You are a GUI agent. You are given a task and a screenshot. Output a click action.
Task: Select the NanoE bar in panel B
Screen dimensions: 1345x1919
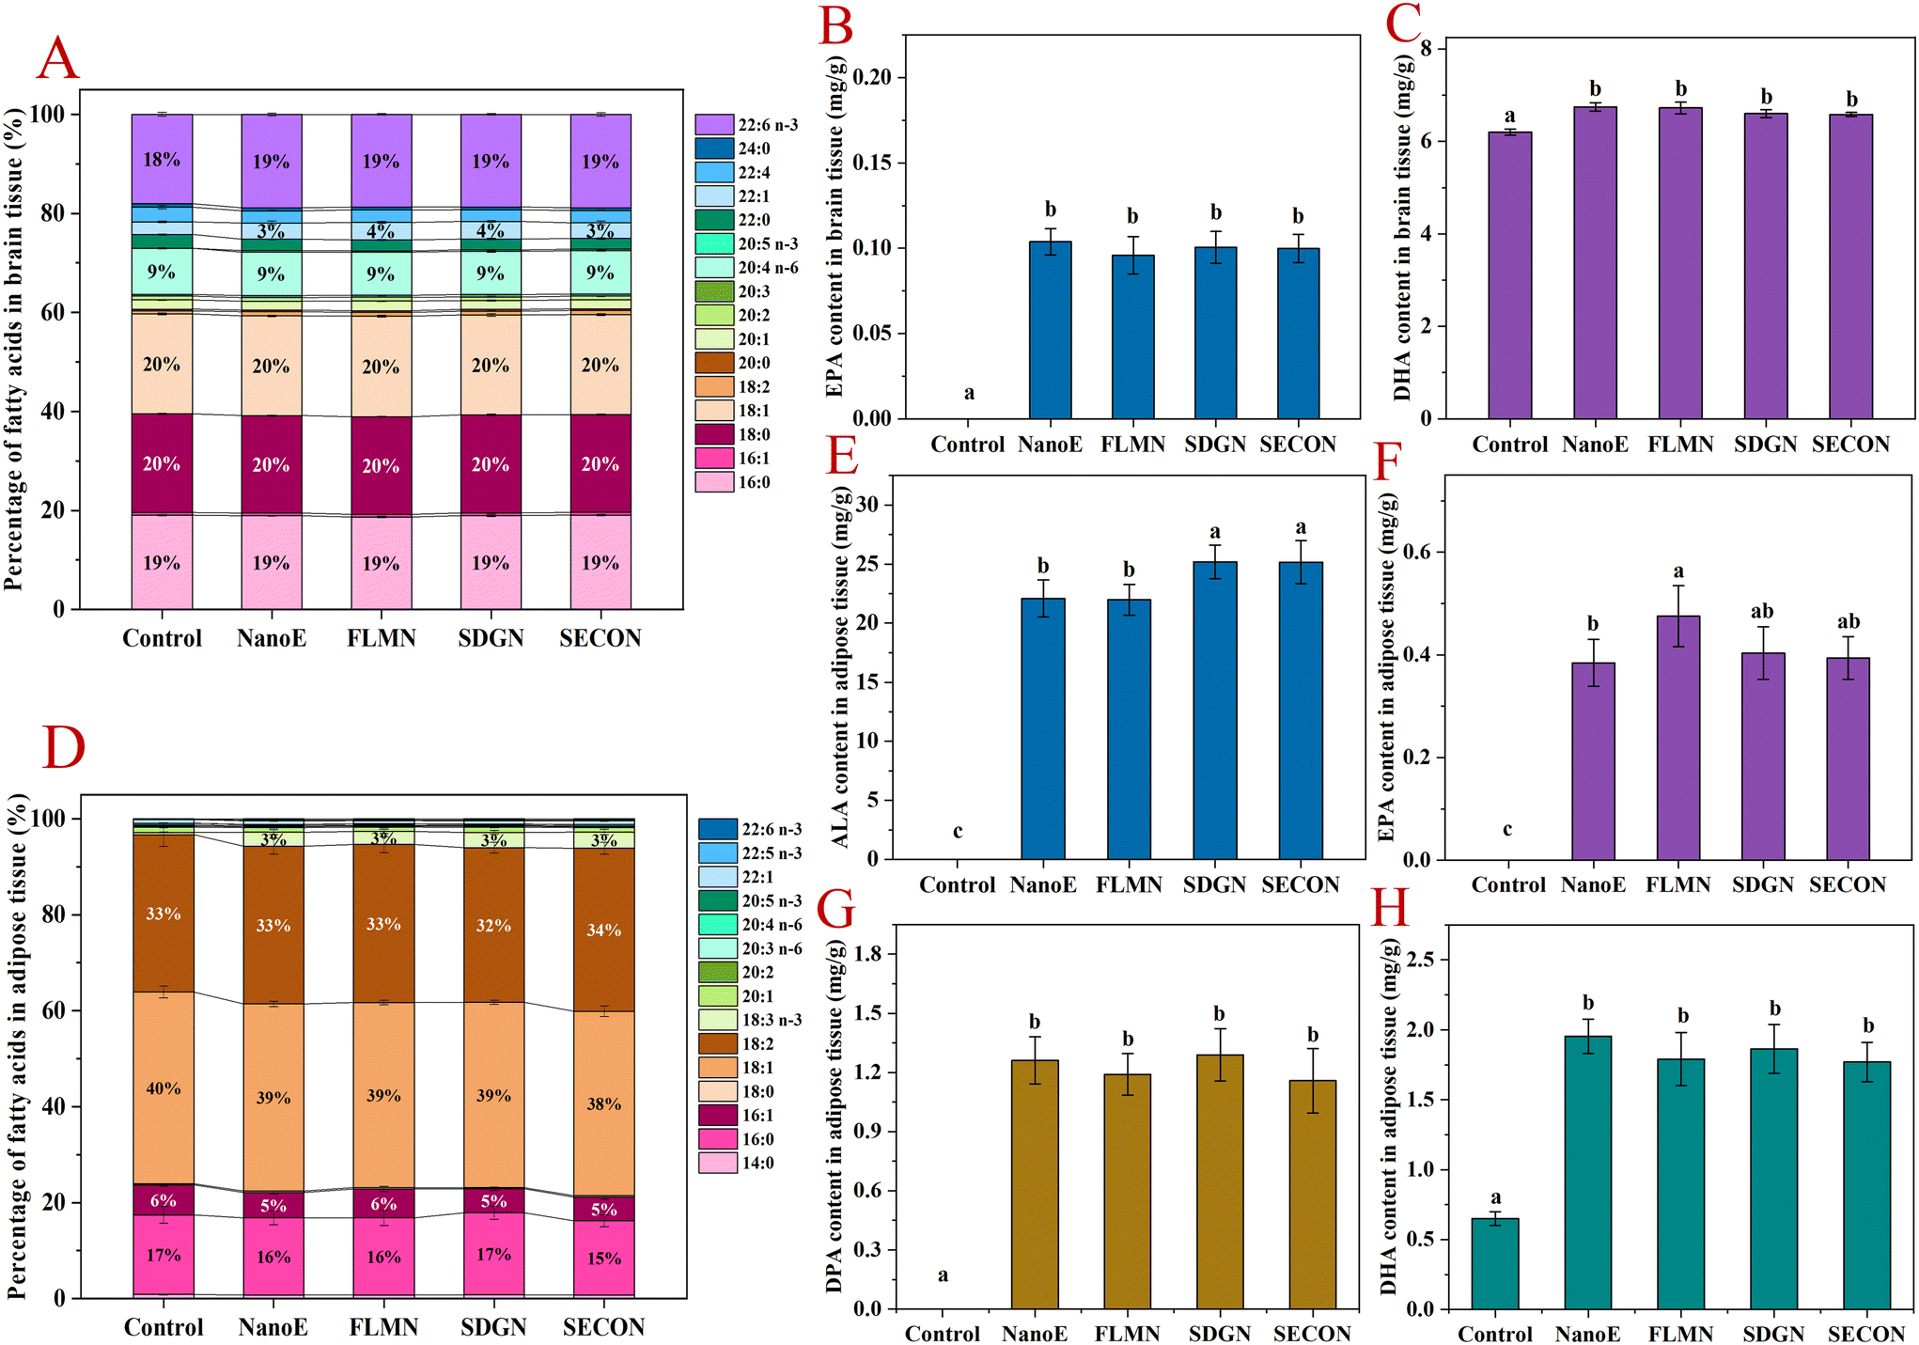(1050, 330)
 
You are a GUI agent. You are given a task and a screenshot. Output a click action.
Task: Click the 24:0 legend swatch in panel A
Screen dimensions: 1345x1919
(714, 149)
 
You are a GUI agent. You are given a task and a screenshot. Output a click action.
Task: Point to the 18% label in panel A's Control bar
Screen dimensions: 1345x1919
(162, 160)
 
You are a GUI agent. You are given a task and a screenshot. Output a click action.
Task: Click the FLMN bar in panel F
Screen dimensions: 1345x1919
(1677, 738)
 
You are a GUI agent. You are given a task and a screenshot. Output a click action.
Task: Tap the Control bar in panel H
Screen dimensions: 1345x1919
(1494, 1263)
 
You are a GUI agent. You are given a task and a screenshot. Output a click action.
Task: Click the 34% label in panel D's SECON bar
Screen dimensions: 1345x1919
(603, 931)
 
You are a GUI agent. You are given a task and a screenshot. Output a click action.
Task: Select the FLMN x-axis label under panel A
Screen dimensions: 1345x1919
(381, 639)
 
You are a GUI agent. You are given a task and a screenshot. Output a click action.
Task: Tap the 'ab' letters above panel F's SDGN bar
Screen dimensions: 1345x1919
(1761, 612)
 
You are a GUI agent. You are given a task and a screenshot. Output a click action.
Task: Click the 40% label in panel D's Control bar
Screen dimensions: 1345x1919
(164, 1088)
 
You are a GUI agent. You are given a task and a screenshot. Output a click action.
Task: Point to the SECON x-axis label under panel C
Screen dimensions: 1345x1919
(1849, 445)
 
